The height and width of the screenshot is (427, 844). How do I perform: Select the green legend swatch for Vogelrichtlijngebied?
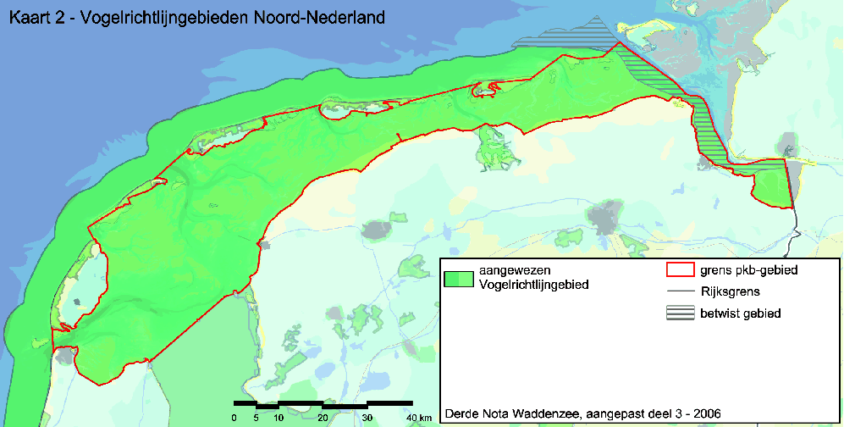[457, 278]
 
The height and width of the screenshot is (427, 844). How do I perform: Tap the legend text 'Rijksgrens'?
[728, 291]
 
